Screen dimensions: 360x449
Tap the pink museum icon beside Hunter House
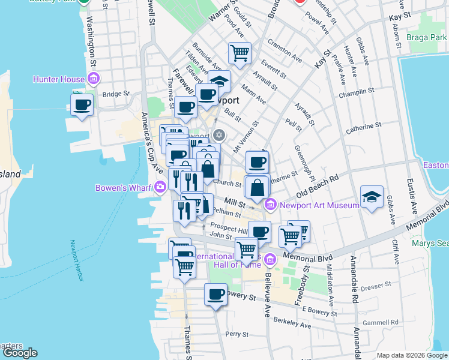click(x=93, y=79)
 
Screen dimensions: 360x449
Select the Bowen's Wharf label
click(x=124, y=188)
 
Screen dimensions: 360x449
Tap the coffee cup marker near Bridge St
click(x=82, y=104)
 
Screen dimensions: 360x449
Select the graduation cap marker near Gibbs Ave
click(x=372, y=196)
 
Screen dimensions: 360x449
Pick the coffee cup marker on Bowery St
click(x=215, y=294)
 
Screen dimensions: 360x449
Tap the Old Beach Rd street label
click(x=318, y=187)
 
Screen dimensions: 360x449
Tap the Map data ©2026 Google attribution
click(x=412, y=355)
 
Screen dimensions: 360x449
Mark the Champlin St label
click(x=356, y=94)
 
